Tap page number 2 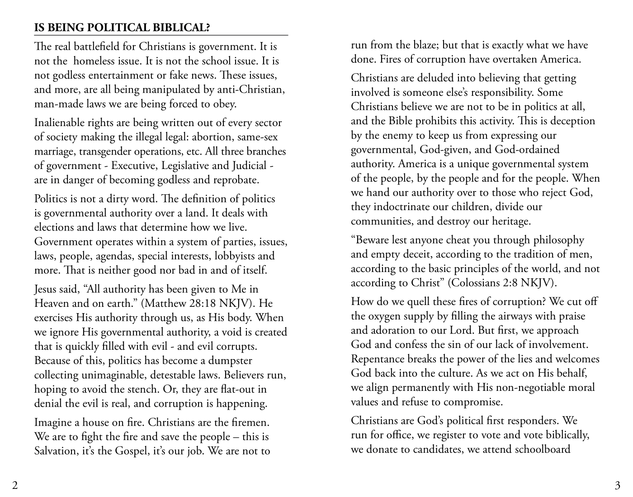[x=15, y=486]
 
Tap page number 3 [x=617, y=486]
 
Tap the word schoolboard [x=543, y=450]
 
